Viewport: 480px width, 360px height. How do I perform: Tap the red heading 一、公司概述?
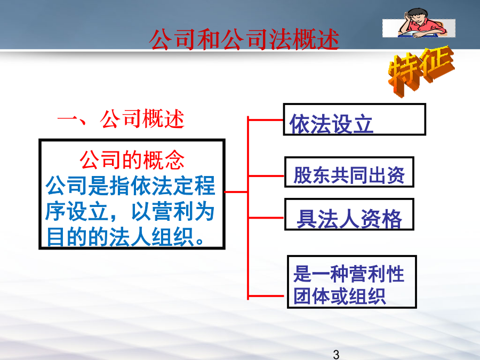pyautogui.click(x=121, y=119)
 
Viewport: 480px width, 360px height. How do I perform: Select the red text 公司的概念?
pyautogui.click(x=132, y=160)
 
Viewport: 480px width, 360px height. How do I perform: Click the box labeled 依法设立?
pyautogui.click(x=355, y=119)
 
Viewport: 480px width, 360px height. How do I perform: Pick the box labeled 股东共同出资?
pyautogui.click(x=349, y=172)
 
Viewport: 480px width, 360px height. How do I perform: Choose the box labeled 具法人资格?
pyautogui.click(x=349, y=214)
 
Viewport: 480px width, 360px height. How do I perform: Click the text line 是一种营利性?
pyautogui.click(x=349, y=274)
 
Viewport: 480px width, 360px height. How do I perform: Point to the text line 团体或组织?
pyautogui.click(x=339, y=296)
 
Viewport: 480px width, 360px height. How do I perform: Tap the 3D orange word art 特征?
pyautogui.click(x=421, y=71)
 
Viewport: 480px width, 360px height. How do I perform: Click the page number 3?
pyautogui.click(x=336, y=355)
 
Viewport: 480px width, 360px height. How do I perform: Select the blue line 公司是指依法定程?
pyautogui.click(x=131, y=186)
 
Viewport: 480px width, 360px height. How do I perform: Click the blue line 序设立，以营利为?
pyautogui.click(x=130, y=211)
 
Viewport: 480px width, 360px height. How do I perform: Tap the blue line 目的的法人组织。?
pyautogui.click(x=125, y=237)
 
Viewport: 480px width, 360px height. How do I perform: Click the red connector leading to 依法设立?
pyautogui.click(x=266, y=120)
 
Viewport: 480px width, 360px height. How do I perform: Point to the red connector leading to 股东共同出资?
pyautogui.click(x=266, y=176)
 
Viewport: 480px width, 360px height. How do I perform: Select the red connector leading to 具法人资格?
pyautogui.click(x=266, y=218)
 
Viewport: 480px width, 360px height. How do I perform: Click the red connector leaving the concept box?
pyautogui.click(x=236, y=192)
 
